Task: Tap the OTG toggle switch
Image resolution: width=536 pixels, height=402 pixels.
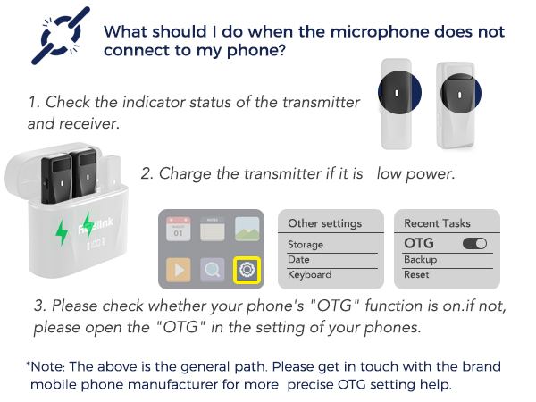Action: (474, 243)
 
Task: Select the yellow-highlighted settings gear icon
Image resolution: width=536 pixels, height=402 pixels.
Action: (246, 270)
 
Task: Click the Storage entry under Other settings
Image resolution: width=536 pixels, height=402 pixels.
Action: (306, 244)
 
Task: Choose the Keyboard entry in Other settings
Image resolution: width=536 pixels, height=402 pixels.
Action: (309, 275)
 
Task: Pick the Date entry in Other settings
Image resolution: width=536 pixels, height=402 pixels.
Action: (298, 259)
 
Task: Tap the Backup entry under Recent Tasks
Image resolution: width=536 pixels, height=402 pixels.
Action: (420, 259)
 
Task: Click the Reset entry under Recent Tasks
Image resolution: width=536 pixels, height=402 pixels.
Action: (416, 275)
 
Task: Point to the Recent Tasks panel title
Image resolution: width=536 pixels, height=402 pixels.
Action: (437, 222)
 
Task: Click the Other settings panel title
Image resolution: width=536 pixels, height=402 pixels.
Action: (324, 222)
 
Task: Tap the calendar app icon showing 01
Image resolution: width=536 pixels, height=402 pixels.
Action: (177, 229)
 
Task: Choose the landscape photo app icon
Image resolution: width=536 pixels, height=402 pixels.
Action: (247, 230)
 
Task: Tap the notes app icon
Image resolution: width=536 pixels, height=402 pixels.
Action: (212, 230)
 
